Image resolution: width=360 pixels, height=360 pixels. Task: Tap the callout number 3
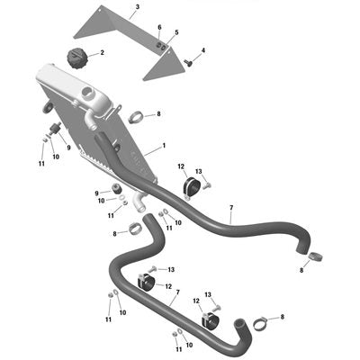pyautogui.click(x=138, y=7)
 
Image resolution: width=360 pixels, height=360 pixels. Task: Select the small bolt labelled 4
pyautogui.click(x=187, y=62)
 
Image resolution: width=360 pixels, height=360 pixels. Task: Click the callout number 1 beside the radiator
pyautogui.click(x=164, y=146)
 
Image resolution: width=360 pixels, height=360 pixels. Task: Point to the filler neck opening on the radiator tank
pyautogui.click(x=88, y=93)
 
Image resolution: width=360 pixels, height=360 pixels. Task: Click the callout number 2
pyautogui.click(x=103, y=53)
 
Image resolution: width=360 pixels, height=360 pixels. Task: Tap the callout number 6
pyautogui.click(x=159, y=27)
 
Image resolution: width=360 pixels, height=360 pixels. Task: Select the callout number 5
pyautogui.click(x=176, y=32)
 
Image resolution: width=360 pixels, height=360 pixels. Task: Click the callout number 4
pyautogui.click(x=203, y=50)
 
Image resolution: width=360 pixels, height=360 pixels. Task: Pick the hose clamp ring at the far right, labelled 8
pyautogui.click(x=315, y=256)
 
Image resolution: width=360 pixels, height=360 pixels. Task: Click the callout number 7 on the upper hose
pyautogui.click(x=231, y=208)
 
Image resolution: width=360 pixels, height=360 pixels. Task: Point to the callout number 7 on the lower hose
pyautogui.click(x=178, y=292)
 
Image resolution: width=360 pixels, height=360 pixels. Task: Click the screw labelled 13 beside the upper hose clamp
pyautogui.click(x=207, y=185)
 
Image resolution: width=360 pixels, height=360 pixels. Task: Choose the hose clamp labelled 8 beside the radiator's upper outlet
pyautogui.click(x=136, y=117)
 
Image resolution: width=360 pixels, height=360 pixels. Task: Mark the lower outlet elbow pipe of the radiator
pyautogui.click(x=138, y=202)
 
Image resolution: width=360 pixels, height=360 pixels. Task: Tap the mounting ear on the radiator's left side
pyautogui.click(x=48, y=107)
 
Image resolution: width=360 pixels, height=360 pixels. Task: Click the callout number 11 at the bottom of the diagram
pyautogui.click(x=179, y=349)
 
